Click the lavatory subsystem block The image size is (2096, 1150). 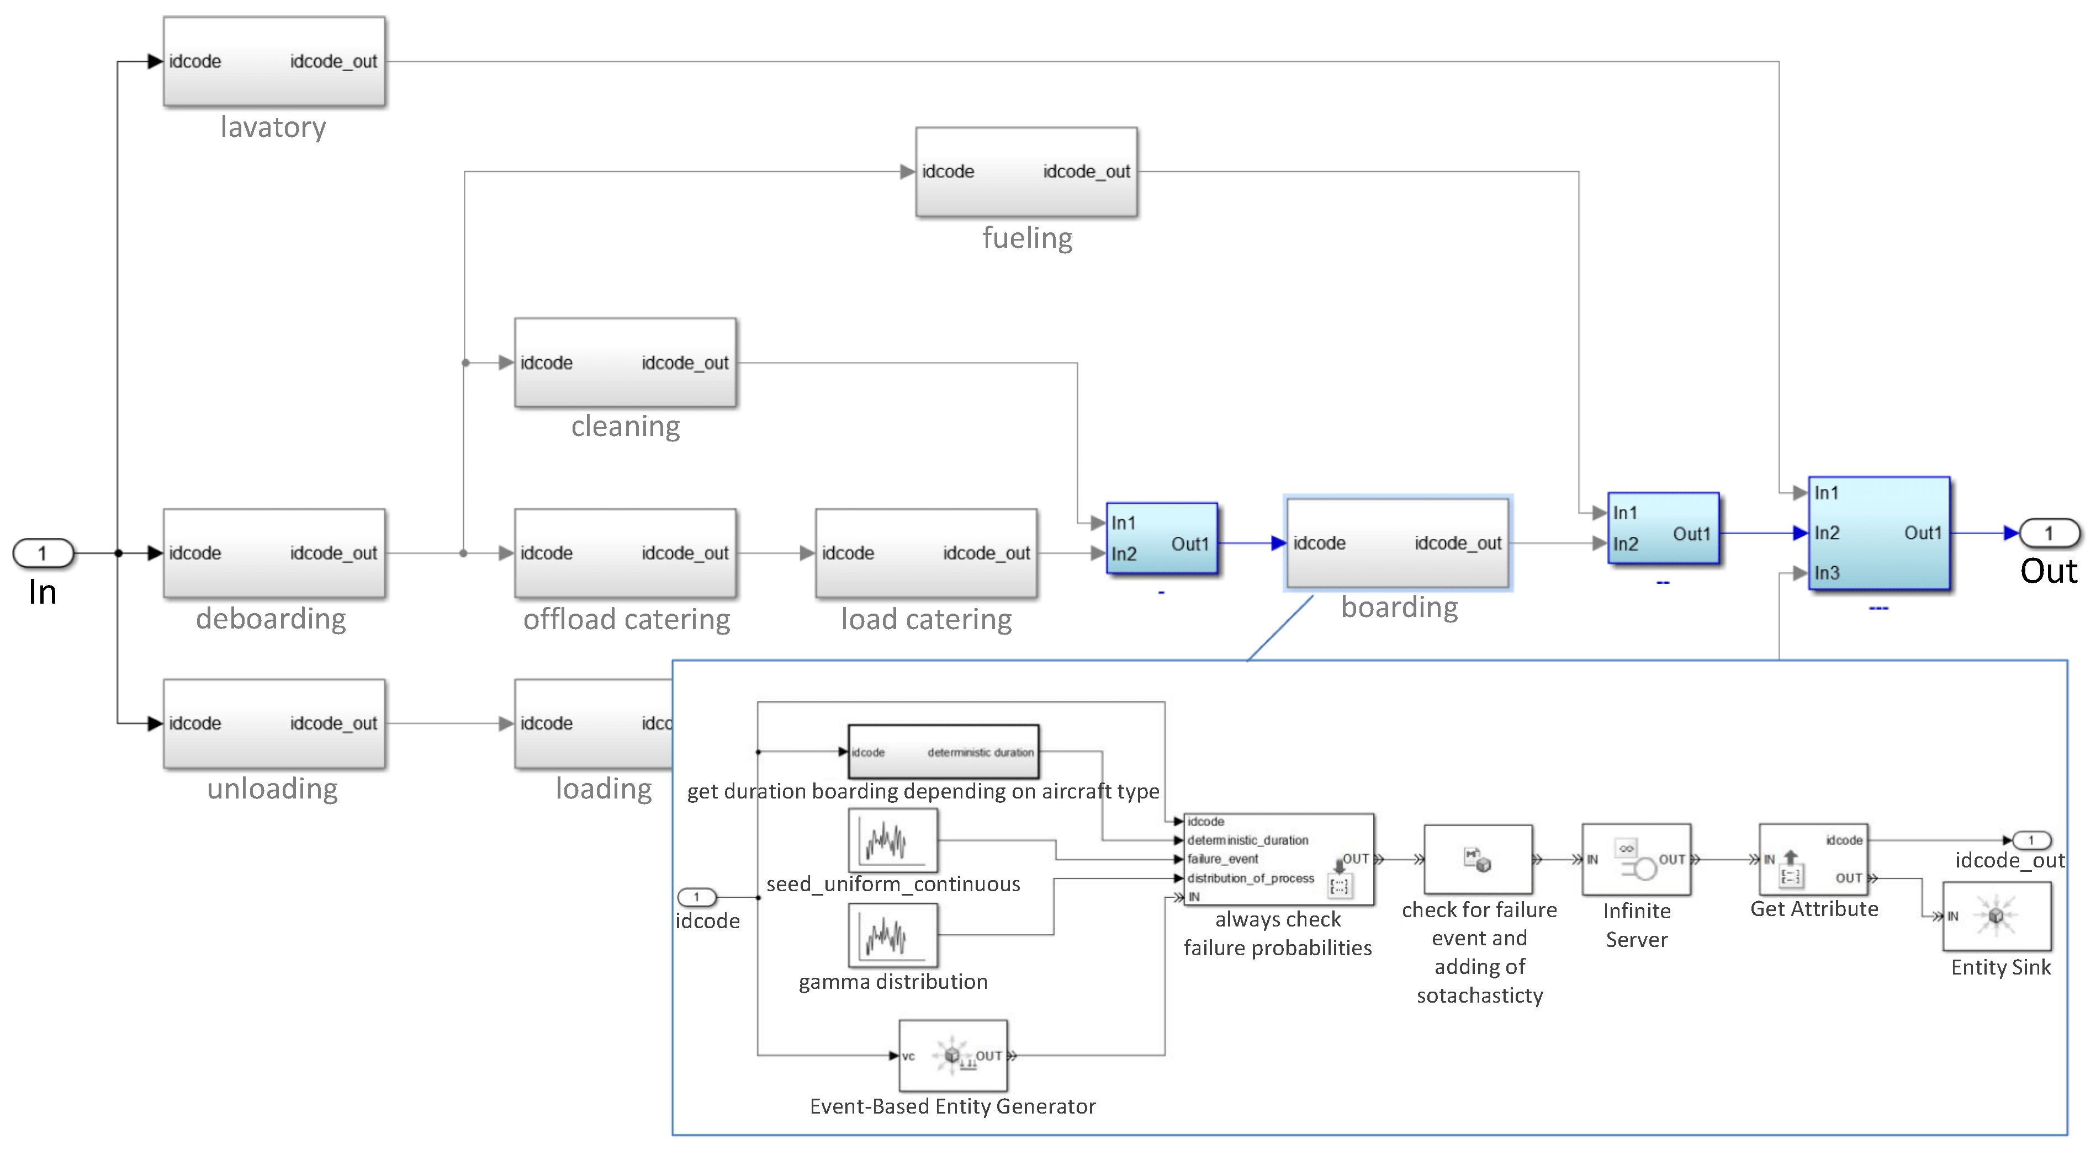[274, 62]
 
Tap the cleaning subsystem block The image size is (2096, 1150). [625, 363]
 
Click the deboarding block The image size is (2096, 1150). [274, 553]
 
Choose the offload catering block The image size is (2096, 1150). [625, 553]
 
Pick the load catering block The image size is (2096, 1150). [926, 553]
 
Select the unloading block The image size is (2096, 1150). [274, 723]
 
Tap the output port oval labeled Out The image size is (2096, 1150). [2049, 534]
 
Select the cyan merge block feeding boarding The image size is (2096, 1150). [1161, 539]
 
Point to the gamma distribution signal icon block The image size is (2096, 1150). [893, 935]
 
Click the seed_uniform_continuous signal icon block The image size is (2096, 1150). [893, 840]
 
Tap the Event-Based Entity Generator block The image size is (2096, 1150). [953, 1056]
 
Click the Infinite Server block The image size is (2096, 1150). [1636, 860]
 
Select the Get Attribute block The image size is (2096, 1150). [1814, 860]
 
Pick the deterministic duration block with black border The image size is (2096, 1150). [943, 752]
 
